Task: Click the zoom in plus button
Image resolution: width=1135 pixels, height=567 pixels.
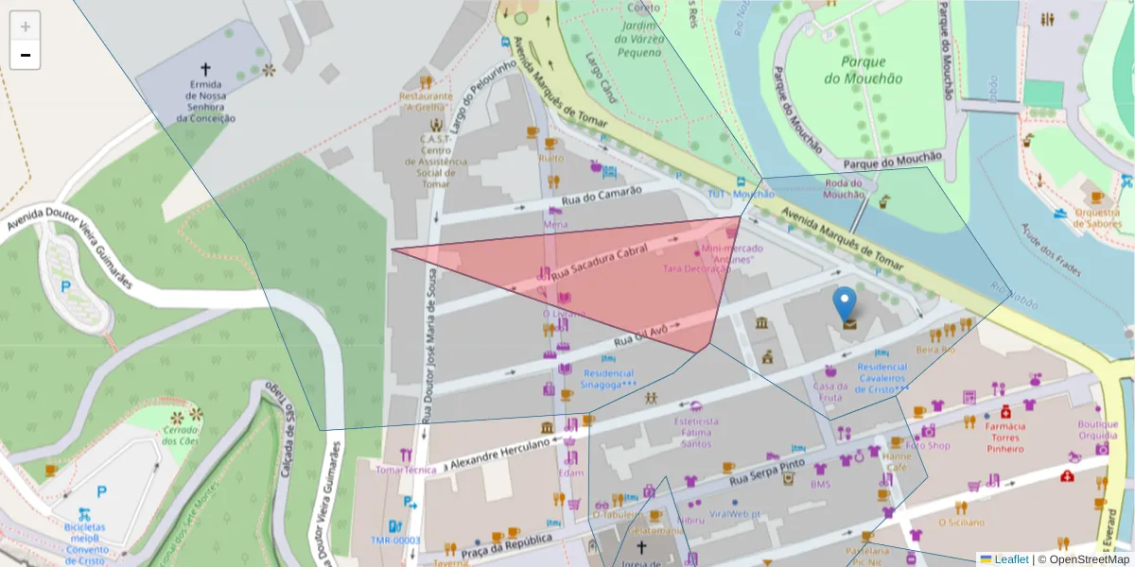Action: pyautogui.click(x=26, y=26)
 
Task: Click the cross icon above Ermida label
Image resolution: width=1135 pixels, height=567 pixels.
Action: pyautogui.click(x=205, y=69)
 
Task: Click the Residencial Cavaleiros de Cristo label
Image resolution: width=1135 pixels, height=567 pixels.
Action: pyautogui.click(x=882, y=377)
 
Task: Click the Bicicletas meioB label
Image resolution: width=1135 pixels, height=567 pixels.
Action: pyautogui.click(x=85, y=538)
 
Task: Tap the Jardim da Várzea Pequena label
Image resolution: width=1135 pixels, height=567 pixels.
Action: pyautogui.click(x=637, y=39)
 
